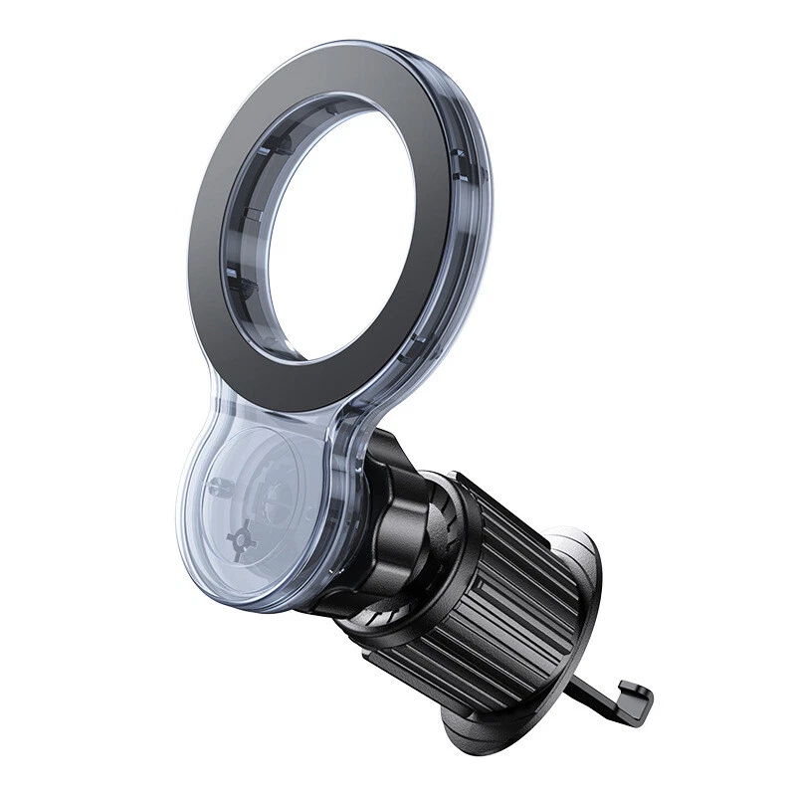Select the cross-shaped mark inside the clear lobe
(241, 540)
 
